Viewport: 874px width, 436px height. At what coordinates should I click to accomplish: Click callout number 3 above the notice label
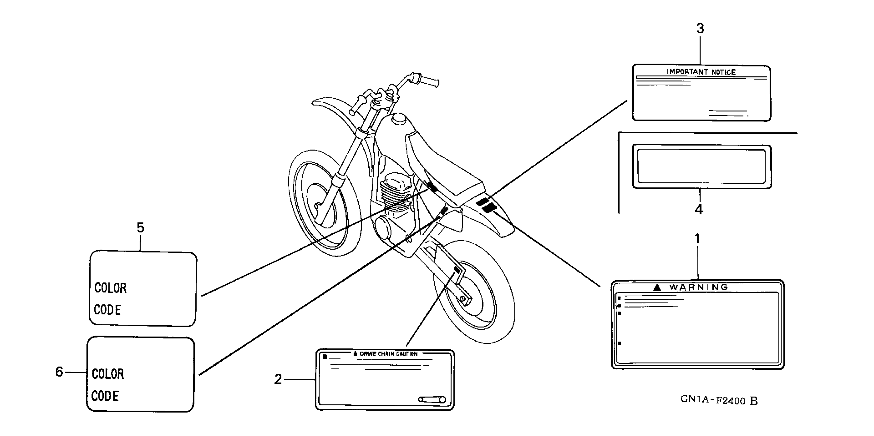pyautogui.click(x=700, y=28)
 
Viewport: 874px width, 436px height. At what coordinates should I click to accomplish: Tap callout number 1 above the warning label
pyautogui.click(x=697, y=239)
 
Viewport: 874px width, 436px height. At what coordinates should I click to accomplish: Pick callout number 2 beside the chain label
pyautogui.click(x=278, y=379)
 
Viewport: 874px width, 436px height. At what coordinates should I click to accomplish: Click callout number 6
pyautogui.click(x=59, y=372)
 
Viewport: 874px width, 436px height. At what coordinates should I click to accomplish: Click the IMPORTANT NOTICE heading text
pyautogui.click(x=701, y=72)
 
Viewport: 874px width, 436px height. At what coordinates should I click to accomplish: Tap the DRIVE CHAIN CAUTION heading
pyautogui.click(x=388, y=354)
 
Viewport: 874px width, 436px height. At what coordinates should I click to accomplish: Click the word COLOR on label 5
pyautogui.click(x=110, y=288)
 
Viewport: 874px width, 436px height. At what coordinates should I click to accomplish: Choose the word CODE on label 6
pyautogui.click(x=105, y=396)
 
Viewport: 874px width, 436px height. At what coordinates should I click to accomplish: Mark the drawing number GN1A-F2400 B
pyautogui.click(x=719, y=400)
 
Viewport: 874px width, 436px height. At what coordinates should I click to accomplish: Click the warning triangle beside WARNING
pyautogui.click(x=657, y=288)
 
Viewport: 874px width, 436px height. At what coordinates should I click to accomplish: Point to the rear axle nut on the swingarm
pyautogui.click(x=462, y=299)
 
